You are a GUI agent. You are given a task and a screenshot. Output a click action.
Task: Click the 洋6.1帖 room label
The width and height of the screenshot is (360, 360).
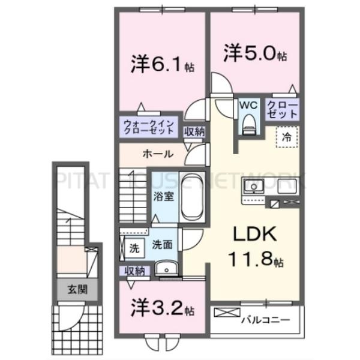(158, 64)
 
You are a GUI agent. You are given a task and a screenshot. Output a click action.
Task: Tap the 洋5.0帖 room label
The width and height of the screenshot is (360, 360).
(256, 53)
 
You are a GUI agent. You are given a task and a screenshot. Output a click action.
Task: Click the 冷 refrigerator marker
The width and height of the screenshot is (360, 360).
(287, 137)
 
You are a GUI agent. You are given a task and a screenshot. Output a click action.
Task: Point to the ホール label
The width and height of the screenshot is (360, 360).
(158, 154)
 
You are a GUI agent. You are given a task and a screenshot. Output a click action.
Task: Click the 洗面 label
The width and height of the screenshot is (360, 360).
(161, 245)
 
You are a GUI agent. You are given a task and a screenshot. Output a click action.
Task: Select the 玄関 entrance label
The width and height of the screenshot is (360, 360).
(77, 290)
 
